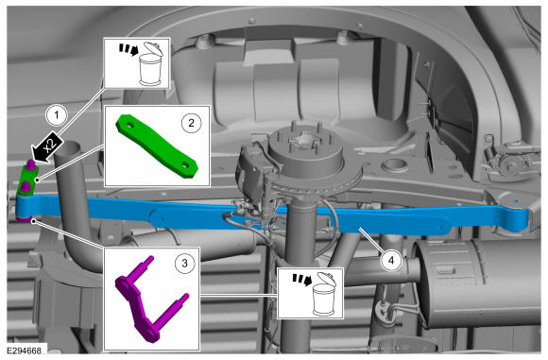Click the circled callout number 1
point(57,115)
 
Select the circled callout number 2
point(191,123)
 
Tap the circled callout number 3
point(184,263)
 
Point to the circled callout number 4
point(391,260)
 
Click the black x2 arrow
point(47,148)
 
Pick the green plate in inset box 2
point(158,146)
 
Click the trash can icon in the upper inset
point(150,64)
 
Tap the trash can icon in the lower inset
point(324,294)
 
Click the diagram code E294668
point(25,351)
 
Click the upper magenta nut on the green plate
point(31,164)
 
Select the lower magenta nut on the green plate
point(25,187)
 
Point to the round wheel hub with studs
point(305,151)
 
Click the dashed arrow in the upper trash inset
point(128,50)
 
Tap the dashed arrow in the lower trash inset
point(302,280)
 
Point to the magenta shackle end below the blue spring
point(24,219)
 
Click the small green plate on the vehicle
point(28,180)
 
